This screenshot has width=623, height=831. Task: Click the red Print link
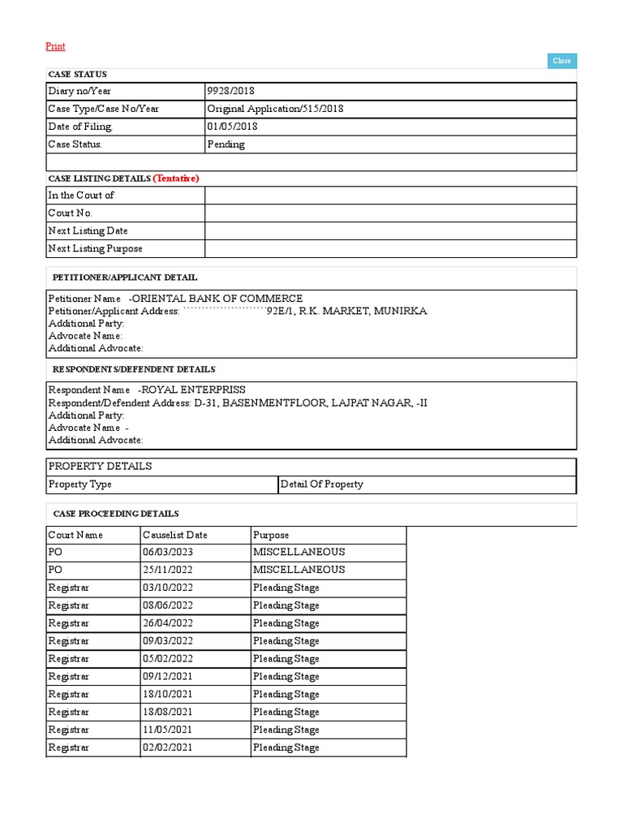pyautogui.click(x=55, y=47)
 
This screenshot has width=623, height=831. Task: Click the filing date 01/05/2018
pyautogui.click(x=232, y=127)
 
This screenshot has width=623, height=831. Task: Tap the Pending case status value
pyautogui.click(x=226, y=144)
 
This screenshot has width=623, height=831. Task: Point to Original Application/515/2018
pyautogui.click(x=275, y=109)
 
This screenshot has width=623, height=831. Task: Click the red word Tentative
pyautogui.click(x=176, y=178)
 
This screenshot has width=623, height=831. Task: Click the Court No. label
pyautogui.click(x=71, y=213)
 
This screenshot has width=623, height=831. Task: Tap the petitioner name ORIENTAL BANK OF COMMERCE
pyautogui.click(x=217, y=299)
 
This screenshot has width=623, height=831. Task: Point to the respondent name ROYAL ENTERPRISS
pyautogui.click(x=193, y=390)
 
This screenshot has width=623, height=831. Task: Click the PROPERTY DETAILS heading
pyautogui.click(x=101, y=467)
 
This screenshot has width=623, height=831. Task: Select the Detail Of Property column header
pyautogui.click(x=321, y=484)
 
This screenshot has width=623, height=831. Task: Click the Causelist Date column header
pyautogui.click(x=174, y=535)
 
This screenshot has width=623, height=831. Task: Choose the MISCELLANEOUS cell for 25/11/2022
pyautogui.click(x=299, y=570)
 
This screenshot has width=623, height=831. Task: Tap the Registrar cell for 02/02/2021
pyautogui.click(x=68, y=748)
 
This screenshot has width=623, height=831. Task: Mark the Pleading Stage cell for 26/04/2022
pyautogui.click(x=286, y=623)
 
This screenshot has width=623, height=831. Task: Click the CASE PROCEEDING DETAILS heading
pyautogui.click(x=116, y=514)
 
